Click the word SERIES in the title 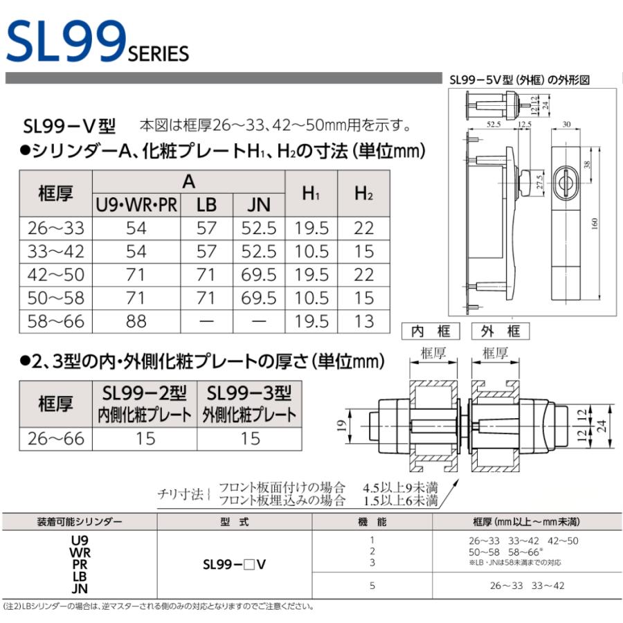click(159, 53)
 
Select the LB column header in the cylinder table click(206, 204)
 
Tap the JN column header click(260, 204)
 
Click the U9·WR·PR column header click(136, 204)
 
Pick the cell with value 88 click(136, 320)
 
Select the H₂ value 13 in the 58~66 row click(363, 320)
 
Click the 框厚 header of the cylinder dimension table click(55, 193)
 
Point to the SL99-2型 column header click(145, 393)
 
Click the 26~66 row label click(55, 437)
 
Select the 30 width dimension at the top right click(566, 124)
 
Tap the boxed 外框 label click(500, 331)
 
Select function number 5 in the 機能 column click(372, 586)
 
